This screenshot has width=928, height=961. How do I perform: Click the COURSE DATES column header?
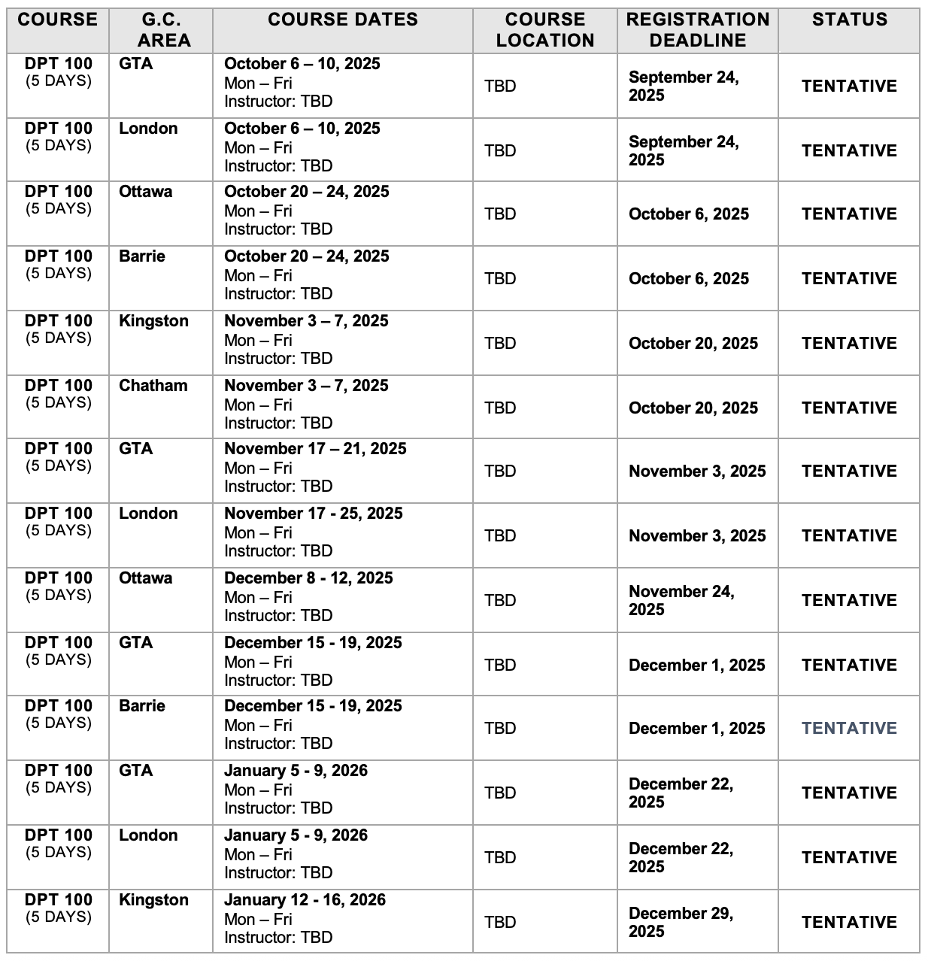(x=343, y=20)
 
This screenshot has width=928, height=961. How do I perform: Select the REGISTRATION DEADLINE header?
(x=698, y=30)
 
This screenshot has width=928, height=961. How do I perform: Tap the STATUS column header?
(x=849, y=20)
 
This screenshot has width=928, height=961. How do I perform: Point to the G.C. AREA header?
(x=161, y=30)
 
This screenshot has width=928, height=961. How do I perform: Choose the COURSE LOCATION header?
(x=545, y=30)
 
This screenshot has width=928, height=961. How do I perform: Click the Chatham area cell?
(x=153, y=386)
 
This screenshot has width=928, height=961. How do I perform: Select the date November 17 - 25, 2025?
(x=314, y=514)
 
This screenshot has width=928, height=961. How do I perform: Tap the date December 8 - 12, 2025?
(x=308, y=578)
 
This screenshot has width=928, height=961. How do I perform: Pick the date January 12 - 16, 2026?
(x=305, y=900)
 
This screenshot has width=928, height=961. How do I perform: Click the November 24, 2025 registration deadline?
(x=681, y=600)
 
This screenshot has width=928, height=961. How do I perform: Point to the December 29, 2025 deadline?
(x=681, y=922)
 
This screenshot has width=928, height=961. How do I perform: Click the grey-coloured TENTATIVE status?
(x=849, y=728)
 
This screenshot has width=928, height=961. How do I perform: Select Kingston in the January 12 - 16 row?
(x=153, y=900)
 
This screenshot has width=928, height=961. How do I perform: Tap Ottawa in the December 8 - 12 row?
(x=145, y=578)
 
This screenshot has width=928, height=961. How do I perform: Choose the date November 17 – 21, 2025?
(x=315, y=449)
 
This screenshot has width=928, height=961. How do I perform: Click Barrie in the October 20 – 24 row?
(x=142, y=256)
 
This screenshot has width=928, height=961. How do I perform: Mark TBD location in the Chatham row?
(x=500, y=408)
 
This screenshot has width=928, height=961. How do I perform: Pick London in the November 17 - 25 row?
(x=148, y=514)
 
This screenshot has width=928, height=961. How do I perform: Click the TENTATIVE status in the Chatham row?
(x=849, y=408)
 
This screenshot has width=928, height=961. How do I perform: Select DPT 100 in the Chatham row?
(x=59, y=386)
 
